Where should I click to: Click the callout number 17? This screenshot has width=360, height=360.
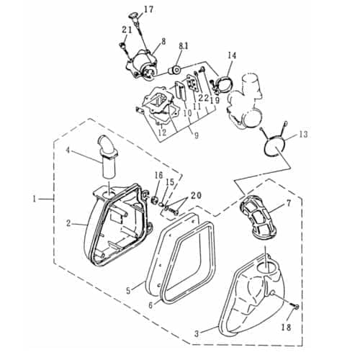tap(148, 9)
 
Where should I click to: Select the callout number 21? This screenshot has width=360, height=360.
tap(127, 29)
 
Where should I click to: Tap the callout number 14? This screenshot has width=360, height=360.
tap(232, 55)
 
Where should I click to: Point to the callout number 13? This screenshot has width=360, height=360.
tap(302, 134)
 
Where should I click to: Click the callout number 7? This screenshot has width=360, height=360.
tap(288, 204)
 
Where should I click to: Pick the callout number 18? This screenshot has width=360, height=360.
tap(287, 328)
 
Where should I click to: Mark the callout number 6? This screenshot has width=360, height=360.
tap(150, 305)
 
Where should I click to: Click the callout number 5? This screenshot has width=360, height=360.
tap(129, 291)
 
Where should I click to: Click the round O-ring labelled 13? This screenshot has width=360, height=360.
tap(272, 143)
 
